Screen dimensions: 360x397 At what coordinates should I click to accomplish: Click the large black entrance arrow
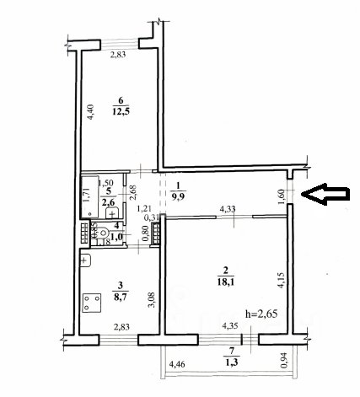pos(325,194)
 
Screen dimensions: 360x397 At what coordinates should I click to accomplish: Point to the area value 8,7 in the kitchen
pos(120,296)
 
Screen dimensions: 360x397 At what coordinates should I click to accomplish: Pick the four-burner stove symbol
pos(92,303)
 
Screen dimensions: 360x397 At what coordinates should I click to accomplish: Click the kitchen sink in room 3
pos(85,260)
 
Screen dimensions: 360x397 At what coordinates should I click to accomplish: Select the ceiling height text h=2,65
pos(261,314)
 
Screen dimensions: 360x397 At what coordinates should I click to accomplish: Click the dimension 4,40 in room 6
pos(91,112)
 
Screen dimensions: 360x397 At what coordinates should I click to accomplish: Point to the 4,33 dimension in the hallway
pos(228,209)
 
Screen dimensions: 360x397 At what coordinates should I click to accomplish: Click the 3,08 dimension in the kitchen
pos(152,300)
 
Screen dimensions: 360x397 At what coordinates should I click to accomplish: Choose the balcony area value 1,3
pos(231,362)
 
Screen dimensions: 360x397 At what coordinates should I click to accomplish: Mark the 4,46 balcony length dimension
pos(177,365)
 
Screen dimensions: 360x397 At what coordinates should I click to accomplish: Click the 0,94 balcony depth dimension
pos(285,361)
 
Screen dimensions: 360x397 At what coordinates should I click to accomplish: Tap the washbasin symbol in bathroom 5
pos(112,212)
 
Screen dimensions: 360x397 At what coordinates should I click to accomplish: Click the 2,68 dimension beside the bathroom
pos(133,192)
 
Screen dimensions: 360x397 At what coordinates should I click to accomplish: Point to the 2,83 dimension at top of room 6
pos(118,55)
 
